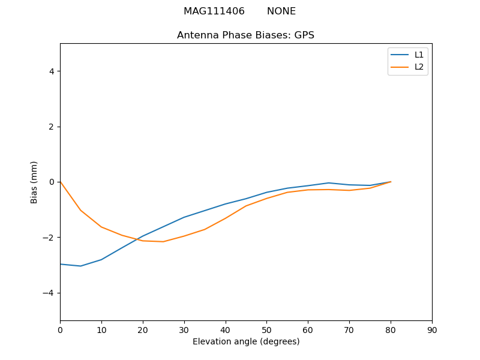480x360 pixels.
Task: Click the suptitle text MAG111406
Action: point(214,11)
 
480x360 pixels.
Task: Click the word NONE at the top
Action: point(281,11)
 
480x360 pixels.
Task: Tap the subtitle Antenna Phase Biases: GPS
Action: point(245,35)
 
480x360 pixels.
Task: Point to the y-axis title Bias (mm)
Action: point(34,182)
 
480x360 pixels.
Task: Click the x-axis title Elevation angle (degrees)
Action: point(246,341)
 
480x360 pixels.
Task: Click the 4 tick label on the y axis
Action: point(51,71)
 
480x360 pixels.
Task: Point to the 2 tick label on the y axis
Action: point(51,127)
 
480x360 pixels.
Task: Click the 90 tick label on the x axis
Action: point(432,330)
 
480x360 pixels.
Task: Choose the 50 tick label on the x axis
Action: point(266,330)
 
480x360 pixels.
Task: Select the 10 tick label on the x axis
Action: point(101,330)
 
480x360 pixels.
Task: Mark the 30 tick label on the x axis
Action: point(184,330)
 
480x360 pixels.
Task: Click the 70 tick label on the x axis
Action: point(349,330)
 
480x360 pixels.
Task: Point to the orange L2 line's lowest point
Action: point(163,241)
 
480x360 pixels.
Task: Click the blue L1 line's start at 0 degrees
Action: point(61,264)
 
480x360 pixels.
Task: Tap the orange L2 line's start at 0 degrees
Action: point(61,182)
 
